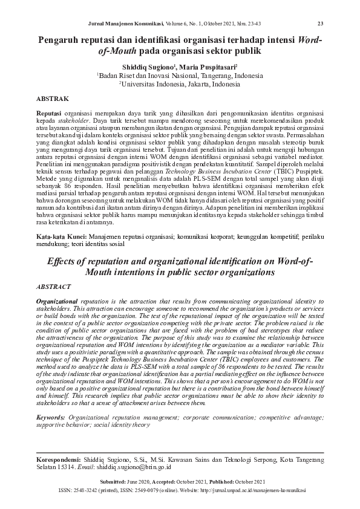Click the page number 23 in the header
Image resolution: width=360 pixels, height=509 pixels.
[x=321, y=24]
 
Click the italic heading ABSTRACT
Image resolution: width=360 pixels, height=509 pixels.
[x=54, y=287]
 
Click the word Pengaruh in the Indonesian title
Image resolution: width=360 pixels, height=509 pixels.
[x=61, y=40]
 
